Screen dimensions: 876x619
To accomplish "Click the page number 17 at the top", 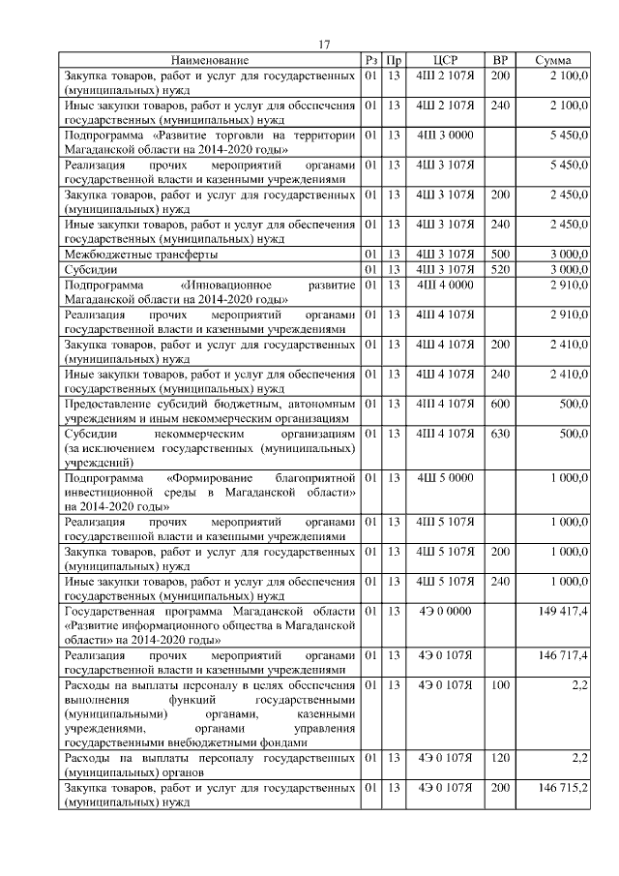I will tap(325, 45).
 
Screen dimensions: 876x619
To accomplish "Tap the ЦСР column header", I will tap(445, 60).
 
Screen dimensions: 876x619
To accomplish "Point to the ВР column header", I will tap(500, 60).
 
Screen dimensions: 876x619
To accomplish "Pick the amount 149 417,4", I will tap(563, 612).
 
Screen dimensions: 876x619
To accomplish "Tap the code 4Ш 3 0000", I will tap(445, 136).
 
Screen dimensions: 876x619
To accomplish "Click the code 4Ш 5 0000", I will tap(445, 478).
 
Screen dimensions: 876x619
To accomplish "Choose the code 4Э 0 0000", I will tap(445, 612).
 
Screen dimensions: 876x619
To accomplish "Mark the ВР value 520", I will tap(500, 269).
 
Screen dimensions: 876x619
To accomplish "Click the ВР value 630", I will tap(500, 435).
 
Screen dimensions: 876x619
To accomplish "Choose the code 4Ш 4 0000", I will tap(445, 287).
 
